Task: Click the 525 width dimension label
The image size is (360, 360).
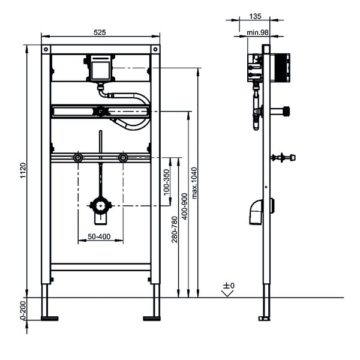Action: click(100, 32)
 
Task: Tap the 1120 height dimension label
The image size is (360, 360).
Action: click(23, 170)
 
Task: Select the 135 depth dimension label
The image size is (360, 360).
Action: click(256, 16)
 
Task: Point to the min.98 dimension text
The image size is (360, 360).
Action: click(257, 32)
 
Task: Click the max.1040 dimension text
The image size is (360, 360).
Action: click(194, 183)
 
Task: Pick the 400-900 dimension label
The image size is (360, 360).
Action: click(185, 206)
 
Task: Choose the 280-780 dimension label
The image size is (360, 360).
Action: click(175, 229)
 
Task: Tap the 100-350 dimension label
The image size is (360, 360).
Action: click(166, 182)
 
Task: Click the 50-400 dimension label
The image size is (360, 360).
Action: click(99, 236)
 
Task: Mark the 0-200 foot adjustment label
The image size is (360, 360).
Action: click(23, 310)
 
